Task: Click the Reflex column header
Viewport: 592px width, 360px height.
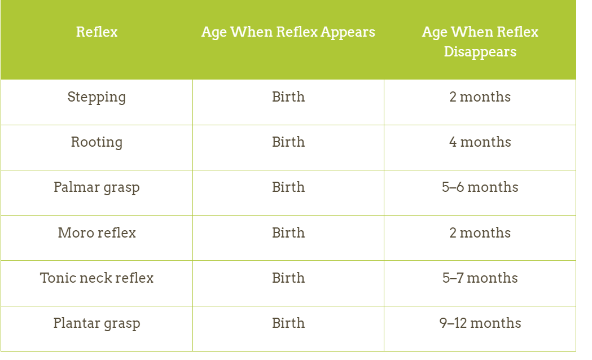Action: [x=97, y=32]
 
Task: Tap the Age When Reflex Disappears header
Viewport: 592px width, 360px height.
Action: [x=480, y=42]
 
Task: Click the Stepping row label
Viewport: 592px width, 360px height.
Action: [x=97, y=98]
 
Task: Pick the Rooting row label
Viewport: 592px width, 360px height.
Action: [x=97, y=143]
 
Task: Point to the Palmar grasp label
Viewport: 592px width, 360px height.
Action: [x=97, y=187]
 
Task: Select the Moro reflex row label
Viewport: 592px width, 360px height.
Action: [x=97, y=233]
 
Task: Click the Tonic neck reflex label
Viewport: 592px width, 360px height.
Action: [x=97, y=278]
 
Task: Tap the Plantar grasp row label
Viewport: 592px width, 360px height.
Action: [x=97, y=323]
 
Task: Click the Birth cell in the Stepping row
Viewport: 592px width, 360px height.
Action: [x=288, y=97]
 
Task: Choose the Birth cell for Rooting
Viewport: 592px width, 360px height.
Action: [x=288, y=142]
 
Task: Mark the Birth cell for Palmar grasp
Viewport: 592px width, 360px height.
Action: [x=288, y=187]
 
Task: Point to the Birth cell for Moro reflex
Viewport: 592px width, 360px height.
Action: [x=288, y=233]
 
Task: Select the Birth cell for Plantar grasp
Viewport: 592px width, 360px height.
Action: [x=288, y=323]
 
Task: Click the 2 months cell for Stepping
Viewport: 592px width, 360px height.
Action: [x=480, y=97]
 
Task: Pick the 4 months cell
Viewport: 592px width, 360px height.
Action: [x=480, y=142]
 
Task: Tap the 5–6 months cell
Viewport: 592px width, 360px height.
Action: [x=480, y=187]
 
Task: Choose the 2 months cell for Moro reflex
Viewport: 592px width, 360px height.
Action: [x=480, y=233]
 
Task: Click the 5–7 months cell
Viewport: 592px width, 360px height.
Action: [x=480, y=278]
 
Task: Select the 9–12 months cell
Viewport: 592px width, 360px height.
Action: [x=480, y=323]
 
